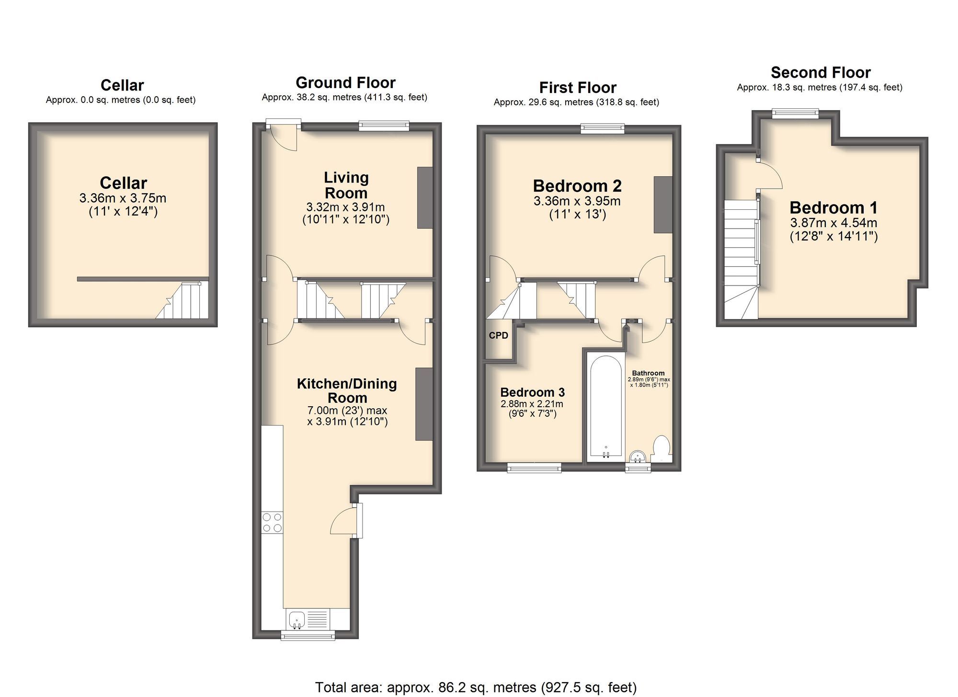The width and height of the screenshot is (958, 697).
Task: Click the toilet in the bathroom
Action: pyautogui.click(x=661, y=448)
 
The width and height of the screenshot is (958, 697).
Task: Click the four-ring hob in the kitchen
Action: pyautogui.click(x=272, y=522)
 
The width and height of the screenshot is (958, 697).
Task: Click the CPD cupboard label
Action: pyautogui.click(x=498, y=335)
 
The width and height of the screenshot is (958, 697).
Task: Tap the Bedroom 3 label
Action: pyautogui.click(x=532, y=392)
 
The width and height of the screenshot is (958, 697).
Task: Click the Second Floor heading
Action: pyautogui.click(x=820, y=72)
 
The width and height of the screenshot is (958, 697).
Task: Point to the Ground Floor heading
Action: pyautogui.click(x=345, y=82)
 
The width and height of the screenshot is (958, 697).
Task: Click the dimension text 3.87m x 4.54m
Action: pyautogui.click(x=833, y=223)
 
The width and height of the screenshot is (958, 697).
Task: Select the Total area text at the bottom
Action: pyautogui.click(x=476, y=687)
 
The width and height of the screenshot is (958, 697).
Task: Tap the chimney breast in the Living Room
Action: pyautogui.click(x=425, y=197)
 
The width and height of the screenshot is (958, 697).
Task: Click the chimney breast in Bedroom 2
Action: pyautogui.click(x=663, y=205)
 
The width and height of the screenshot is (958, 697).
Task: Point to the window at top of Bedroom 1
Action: pyautogui.click(x=795, y=113)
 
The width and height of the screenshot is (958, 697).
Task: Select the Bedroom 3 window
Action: pyautogui.click(x=534, y=468)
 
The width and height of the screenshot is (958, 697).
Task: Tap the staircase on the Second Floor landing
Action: pyautogui.click(x=741, y=259)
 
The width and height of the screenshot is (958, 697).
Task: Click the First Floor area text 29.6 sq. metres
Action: pyautogui.click(x=576, y=102)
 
